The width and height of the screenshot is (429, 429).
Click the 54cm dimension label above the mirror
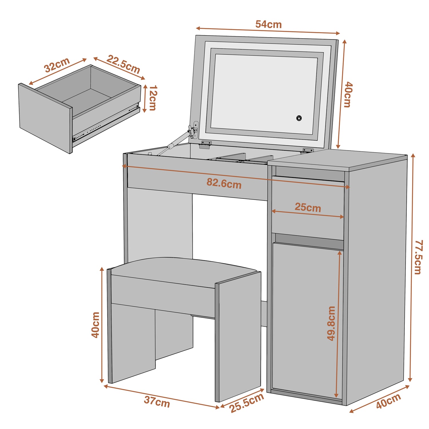[268, 25]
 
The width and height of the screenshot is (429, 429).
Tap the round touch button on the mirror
[299, 118]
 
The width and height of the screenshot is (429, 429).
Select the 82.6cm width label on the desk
[224, 183]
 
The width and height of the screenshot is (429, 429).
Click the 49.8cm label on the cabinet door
[331, 323]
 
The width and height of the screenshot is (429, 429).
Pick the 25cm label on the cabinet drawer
[308, 207]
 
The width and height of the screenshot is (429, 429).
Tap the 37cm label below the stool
[157, 402]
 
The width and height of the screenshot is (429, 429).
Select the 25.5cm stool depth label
[247, 403]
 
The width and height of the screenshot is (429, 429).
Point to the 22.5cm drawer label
[124, 64]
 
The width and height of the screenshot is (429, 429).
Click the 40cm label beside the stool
[96, 325]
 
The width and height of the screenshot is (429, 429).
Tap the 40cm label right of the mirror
[348, 94]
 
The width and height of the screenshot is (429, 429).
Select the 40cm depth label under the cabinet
[388, 401]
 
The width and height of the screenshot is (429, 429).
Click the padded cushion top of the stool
[183, 267]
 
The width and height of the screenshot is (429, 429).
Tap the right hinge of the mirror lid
[308, 150]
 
